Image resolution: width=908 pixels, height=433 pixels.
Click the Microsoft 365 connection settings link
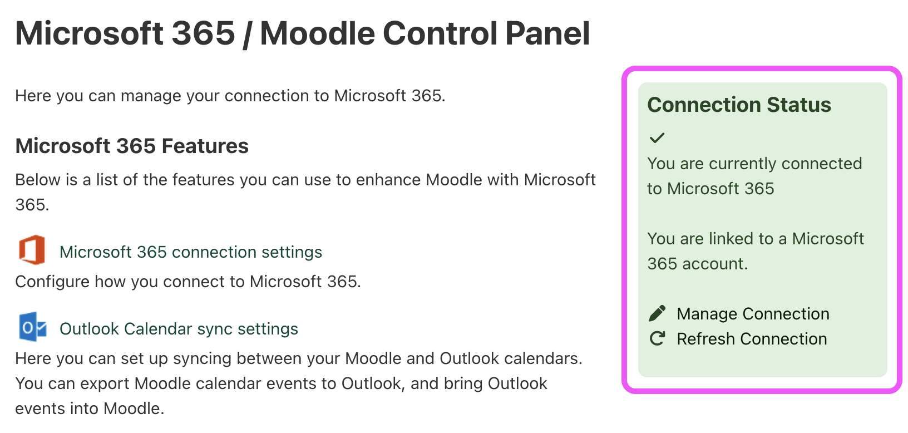[x=190, y=252]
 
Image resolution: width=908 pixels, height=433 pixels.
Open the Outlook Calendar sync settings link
[x=179, y=329]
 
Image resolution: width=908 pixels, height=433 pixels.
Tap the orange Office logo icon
[x=32, y=250]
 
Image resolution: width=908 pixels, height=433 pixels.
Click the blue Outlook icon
[x=32, y=327]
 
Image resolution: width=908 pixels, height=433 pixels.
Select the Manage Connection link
[x=753, y=314]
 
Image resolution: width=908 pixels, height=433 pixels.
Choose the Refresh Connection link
[x=752, y=339]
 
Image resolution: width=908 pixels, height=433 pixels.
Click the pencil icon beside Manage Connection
[x=657, y=313]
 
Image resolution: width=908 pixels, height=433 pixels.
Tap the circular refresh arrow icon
[x=657, y=338]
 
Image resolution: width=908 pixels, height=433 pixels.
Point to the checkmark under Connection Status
[x=657, y=137]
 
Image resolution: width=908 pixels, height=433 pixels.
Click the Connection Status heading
[x=739, y=105]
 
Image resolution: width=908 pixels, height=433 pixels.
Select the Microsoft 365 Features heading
[x=132, y=146]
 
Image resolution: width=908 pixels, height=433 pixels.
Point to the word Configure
[x=52, y=282]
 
